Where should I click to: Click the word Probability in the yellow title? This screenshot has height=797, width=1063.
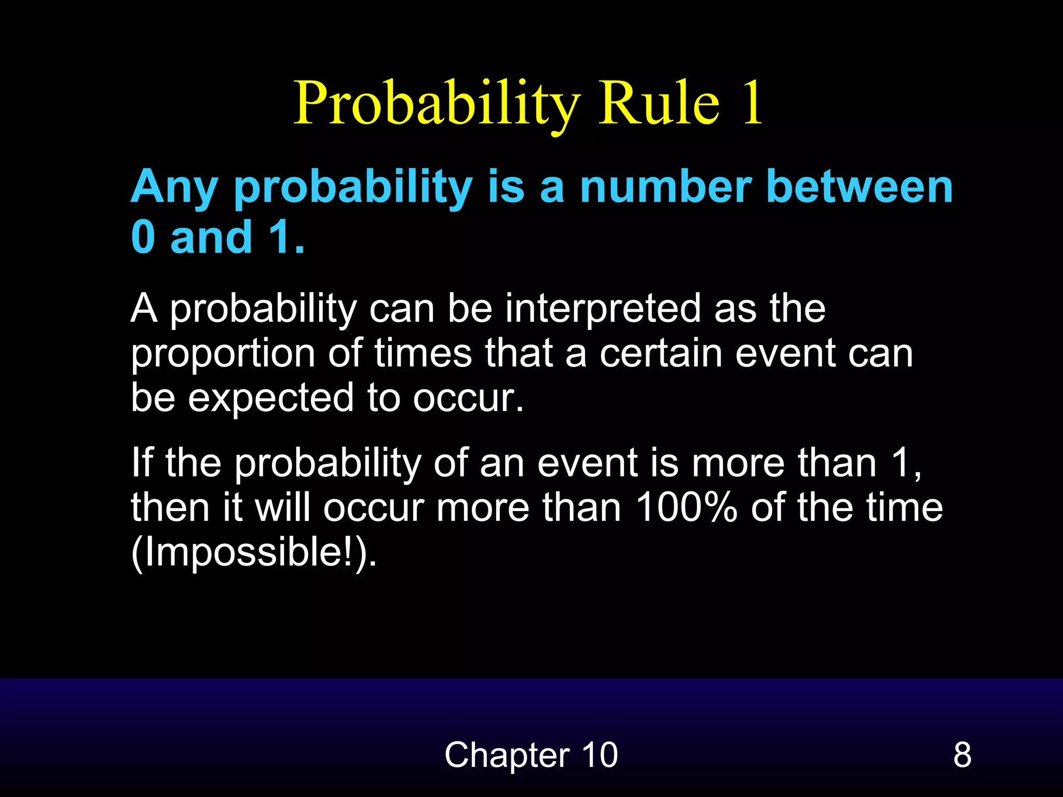436,104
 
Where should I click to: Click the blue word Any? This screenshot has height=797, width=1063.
174,188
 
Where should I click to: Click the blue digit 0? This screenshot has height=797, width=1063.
143,237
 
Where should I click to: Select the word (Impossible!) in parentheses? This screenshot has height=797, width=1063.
254,553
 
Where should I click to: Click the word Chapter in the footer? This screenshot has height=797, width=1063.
507,754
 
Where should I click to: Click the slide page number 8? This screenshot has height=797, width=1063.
962,754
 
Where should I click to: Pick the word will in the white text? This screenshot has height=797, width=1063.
282,507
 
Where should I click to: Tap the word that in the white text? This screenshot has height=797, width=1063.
519,354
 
